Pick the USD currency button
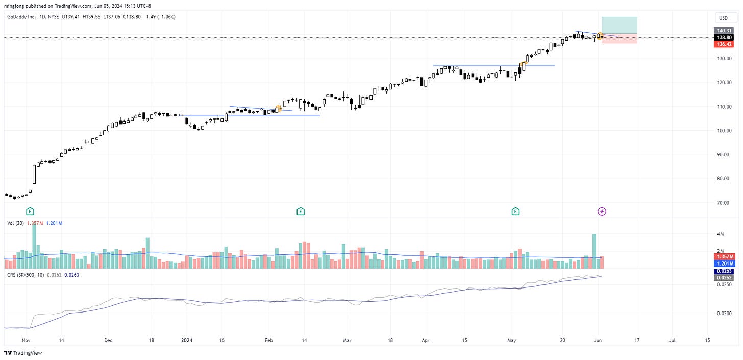click(723, 18)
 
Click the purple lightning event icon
click(602, 211)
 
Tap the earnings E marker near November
click(30, 211)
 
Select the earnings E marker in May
click(516, 211)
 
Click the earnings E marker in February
click(301, 211)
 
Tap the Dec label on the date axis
click(108, 339)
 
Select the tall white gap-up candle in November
click(35, 174)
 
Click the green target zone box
click(619, 25)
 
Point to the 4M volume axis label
click(721, 234)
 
